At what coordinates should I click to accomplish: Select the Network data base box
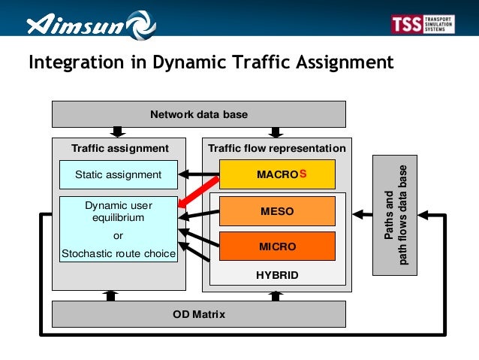(x=198, y=114)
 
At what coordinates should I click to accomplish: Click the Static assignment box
(x=119, y=174)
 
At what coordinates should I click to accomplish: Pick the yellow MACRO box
(x=276, y=174)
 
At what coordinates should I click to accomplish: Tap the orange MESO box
(x=276, y=211)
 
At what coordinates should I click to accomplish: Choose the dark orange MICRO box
(x=276, y=246)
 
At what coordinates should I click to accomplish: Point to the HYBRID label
(x=277, y=275)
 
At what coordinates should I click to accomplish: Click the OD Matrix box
(x=198, y=314)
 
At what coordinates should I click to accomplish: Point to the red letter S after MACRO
(x=303, y=174)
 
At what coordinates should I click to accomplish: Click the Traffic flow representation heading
(x=277, y=148)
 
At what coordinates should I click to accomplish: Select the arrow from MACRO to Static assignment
(x=198, y=175)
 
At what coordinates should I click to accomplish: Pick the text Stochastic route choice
(x=119, y=253)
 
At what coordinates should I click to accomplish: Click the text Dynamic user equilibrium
(x=119, y=211)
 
